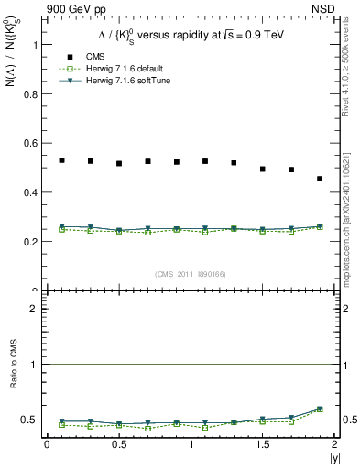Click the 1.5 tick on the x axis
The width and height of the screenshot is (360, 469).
click(262, 444)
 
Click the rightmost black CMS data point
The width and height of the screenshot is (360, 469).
click(320, 179)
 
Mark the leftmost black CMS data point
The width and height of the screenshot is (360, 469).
click(61, 160)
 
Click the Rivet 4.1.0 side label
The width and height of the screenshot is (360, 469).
click(351, 79)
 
